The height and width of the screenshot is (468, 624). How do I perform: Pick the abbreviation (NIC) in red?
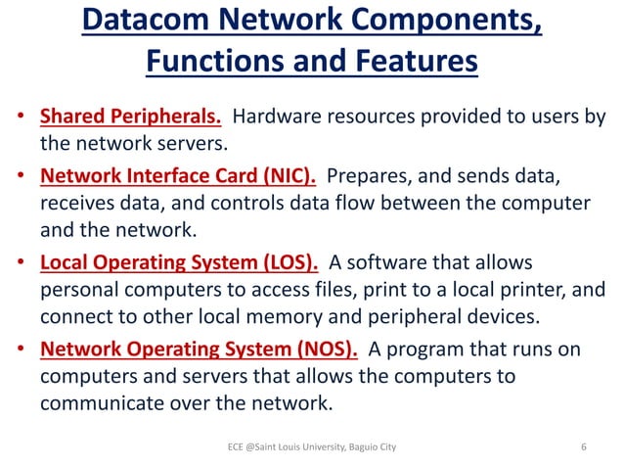point(283,176)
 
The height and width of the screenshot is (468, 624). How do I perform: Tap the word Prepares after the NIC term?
point(370,176)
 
